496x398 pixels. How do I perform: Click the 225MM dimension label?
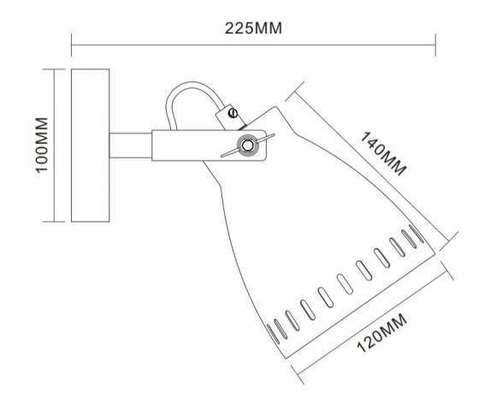coord(254,27)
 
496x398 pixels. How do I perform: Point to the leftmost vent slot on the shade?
coord(275,328)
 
